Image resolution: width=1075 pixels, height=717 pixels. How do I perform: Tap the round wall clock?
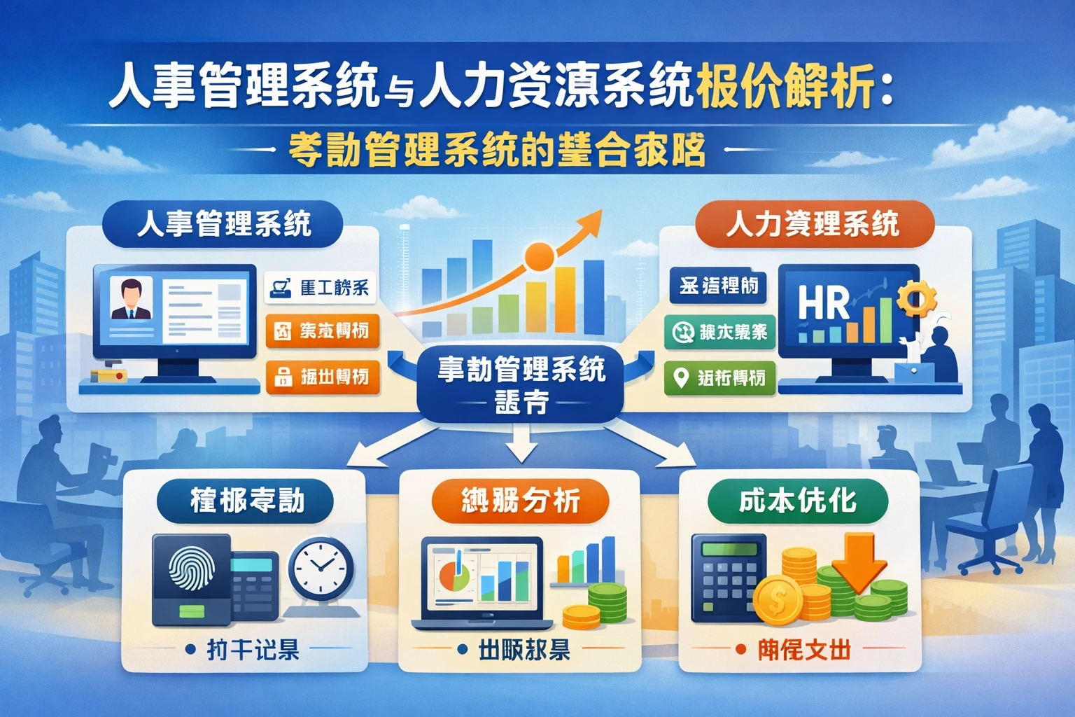click(321, 569)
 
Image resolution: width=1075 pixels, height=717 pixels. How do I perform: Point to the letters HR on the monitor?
click(824, 302)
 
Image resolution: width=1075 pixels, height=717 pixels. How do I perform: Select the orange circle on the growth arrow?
click(540, 256)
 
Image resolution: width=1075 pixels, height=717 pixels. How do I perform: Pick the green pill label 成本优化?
click(798, 501)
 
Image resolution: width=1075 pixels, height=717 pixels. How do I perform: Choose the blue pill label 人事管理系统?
click(223, 225)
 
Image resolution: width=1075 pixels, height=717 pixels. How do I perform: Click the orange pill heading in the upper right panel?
click(813, 224)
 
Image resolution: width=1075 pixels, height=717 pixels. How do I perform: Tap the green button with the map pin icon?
click(719, 378)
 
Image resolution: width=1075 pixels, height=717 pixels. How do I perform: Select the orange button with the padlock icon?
click(323, 377)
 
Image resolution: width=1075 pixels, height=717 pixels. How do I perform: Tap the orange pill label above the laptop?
click(520, 501)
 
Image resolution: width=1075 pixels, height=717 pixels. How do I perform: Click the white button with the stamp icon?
click(321, 288)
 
